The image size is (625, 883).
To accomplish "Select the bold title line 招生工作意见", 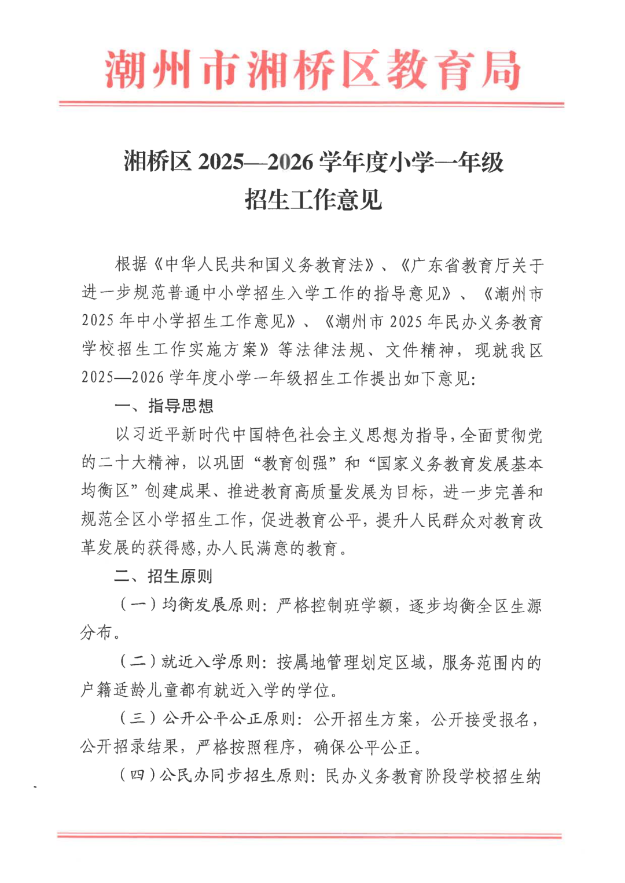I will pos(313,200).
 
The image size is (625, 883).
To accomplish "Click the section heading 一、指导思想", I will pos(164,406).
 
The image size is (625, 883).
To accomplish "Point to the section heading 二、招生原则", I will pos(164,576).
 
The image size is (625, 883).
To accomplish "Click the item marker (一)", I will pos(138,605).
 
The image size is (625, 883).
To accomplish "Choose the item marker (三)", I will pos(138,719).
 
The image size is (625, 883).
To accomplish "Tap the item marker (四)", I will pos(138,775).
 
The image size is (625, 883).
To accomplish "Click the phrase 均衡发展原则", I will pos(211,605).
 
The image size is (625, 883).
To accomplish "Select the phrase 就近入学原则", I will pos(211,661).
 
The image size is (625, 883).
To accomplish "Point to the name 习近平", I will pos(149,435).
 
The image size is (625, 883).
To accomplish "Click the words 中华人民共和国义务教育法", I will pos(264,265).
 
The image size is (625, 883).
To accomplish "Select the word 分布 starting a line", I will pos(96,632).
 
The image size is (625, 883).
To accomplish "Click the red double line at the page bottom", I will pos(310,835).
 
